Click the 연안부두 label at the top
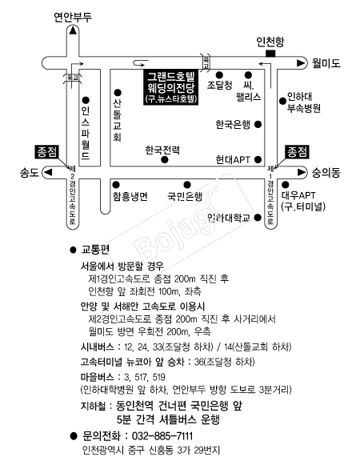click(73, 17)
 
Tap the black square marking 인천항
click(270, 53)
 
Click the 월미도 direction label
click(326, 63)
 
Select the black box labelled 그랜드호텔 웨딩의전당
click(171, 86)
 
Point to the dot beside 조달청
click(219, 74)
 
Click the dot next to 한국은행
click(258, 124)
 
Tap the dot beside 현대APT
click(258, 159)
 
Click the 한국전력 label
click(162, 150)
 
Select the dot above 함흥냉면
click(116, 185)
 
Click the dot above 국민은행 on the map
click(187, 185)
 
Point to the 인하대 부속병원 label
click(303, 102)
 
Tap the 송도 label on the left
click(30, 172)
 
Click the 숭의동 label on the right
click(326, 172)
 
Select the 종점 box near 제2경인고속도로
click(47, 152)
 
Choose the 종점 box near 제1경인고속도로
click(298, 152)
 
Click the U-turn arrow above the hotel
click(141, 63)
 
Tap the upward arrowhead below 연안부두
click(73, 30)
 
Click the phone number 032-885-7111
click(162, 436)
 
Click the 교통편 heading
click(95, 250)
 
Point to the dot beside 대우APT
click(285, 185)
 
